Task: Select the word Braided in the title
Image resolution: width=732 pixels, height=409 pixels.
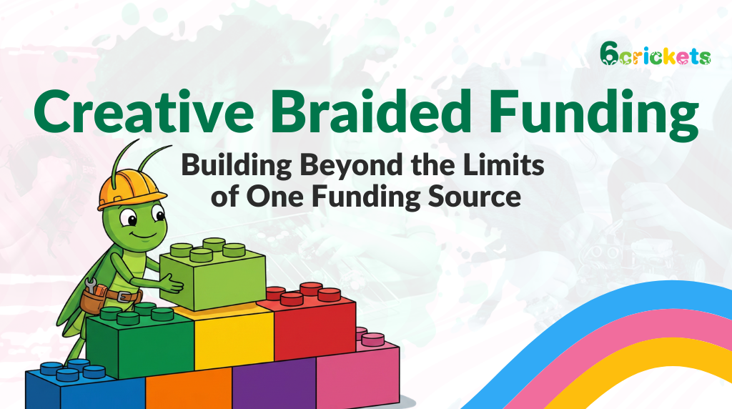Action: [x=374, y=111]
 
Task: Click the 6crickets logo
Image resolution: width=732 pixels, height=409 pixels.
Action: [x=656, y=54]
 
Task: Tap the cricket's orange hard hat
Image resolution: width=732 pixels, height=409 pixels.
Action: [x=132, y=189]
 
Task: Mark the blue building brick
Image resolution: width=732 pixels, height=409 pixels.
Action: [x=84, y=387]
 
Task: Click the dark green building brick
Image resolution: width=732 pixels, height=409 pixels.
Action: [x=139, y=340]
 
